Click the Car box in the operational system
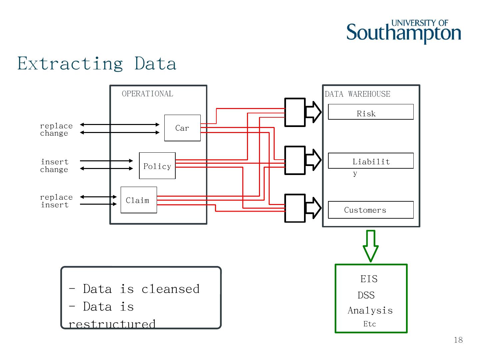[x=182, y=128]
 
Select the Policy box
[x=157, y=166]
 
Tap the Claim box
[x=139, y=200]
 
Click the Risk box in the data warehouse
[x=371, y=112]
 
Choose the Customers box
[x=371, y=210]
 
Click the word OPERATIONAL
[x=147, y=94]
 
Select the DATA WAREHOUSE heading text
[x=357, y=94]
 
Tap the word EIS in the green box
[x=369, y=279]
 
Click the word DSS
[x=366, y=295]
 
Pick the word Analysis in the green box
[x=370, y=311]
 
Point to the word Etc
[x=369, y=324]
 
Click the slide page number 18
[x=458, y=340]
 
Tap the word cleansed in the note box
[x=170, y=289]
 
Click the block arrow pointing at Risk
[x=313, y=112]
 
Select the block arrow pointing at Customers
[x=313, y=208]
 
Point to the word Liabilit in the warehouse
[x=371, y=162]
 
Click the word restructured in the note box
[x=112, y=324]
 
